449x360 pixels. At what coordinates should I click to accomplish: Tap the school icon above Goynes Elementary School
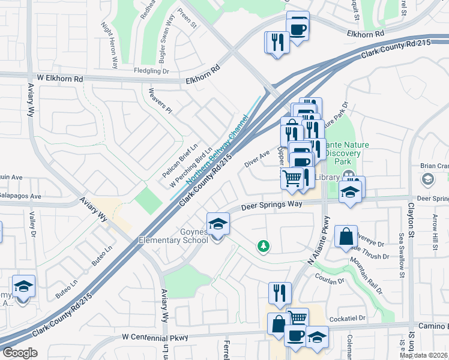coord(218,224)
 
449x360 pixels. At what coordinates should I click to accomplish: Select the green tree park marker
coord(262,245)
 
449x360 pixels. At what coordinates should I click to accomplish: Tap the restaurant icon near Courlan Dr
coord(280,293)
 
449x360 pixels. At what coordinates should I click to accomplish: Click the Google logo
coord(20,353)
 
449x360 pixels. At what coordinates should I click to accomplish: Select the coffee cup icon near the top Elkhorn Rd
coord(298,26)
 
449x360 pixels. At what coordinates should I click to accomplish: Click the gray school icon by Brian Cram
coord(427,179)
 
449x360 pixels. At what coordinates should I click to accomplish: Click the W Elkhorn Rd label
coord(58,79)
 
